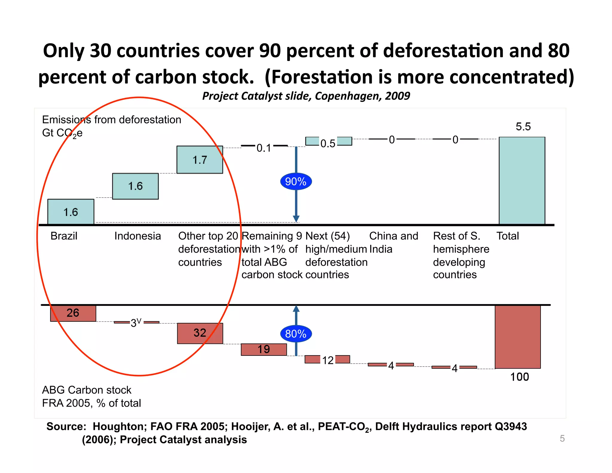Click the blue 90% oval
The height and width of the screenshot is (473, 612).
coord(296,181)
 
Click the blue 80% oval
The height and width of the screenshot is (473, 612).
coord(296,334)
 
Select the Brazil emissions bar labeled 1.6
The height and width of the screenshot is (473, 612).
coord(71,212)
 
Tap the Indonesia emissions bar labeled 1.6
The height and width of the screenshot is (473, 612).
coord(135,186)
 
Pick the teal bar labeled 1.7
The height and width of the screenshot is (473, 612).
coord(200,160)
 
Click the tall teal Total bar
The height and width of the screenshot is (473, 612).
coord(522,180)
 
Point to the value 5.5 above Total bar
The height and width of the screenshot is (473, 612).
coord(523,126)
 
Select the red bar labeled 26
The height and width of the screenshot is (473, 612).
coord(73,313)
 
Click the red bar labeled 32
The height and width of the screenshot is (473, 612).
coord(200,333)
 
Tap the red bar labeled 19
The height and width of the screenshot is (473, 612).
coord(264,349)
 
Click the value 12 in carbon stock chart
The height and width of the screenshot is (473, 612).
coord(328,360)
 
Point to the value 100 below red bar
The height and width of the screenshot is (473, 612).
coord(519,377)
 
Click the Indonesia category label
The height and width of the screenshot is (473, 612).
coord(137,236)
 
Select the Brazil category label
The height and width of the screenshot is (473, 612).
coord(64,236)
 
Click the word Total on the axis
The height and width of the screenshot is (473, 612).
coord(507,236)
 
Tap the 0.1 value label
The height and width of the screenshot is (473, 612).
coord(264,148)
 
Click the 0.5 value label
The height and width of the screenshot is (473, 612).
coord(328,144)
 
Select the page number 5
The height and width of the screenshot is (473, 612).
coord(562,438)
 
